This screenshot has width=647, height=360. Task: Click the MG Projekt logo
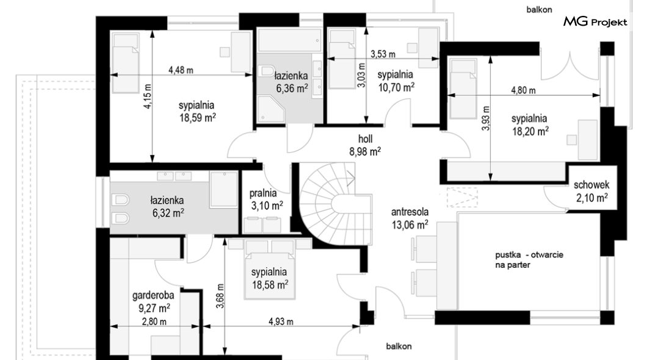pyautogui.click(x=595, y=21)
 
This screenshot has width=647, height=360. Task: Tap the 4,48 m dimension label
pyautogui.click(x=181, y=70)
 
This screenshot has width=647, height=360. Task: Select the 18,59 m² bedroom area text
pyautogui.click(x=197, y=118)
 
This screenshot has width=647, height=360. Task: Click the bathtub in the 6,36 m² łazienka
pyautogui.click(x=289, y=40)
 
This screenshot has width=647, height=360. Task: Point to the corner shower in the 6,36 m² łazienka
pyautogui.click(x=271, y=109)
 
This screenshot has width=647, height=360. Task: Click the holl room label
pyautogui.click(x=365, y=139)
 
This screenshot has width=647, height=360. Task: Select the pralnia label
pyautogui.click(x=263, y=193)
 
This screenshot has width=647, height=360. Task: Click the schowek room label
pyautogui.click(x=591, y=185)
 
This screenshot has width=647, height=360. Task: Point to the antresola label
pyautogui.click(x=410, y=212)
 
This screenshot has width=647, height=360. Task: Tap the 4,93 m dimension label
pyautogui.click(x=281, y=322)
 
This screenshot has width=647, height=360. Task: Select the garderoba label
pyautogui.click(x=153, y=296)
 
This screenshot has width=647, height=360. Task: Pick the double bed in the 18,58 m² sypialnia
pyautogui.click(x=270, y=270)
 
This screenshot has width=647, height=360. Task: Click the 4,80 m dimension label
pyautogui.click(x=523, y=90)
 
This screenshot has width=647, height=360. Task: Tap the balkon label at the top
pyautogui.click(x=539, y=10)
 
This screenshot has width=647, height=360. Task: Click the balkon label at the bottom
pyautogui.click(x=399, y=347)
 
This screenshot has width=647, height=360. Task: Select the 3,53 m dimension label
pyautogui.click(x=383, y=54)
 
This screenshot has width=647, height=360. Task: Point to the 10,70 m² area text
pyautogui.click(x=396, y=87)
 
